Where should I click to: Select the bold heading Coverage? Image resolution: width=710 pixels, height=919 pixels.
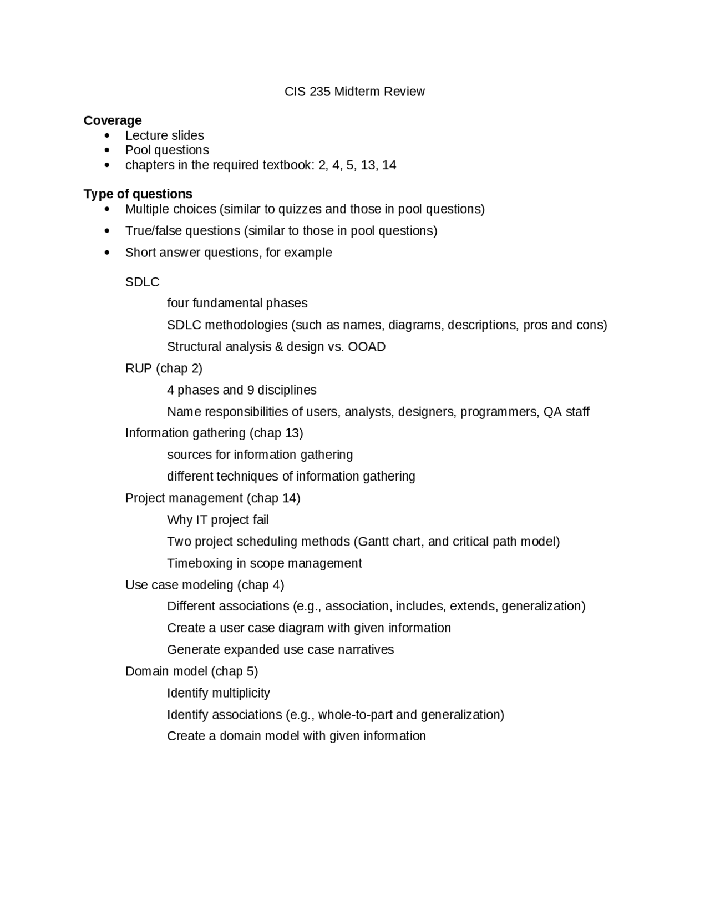click(x=113, y=120)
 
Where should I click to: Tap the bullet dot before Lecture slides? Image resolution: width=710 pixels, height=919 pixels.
click(x=107, y=135)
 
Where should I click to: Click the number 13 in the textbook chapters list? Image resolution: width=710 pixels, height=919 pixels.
click(x=368, y=165)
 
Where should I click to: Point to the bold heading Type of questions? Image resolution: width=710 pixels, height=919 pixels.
click(x=138, y=194)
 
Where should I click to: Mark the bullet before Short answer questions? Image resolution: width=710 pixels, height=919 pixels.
click(x=107, y=253)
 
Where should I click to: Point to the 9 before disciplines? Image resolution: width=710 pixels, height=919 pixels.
click(x=251, y=390)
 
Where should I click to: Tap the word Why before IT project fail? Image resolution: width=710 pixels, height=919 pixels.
click(x=180, y=520)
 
